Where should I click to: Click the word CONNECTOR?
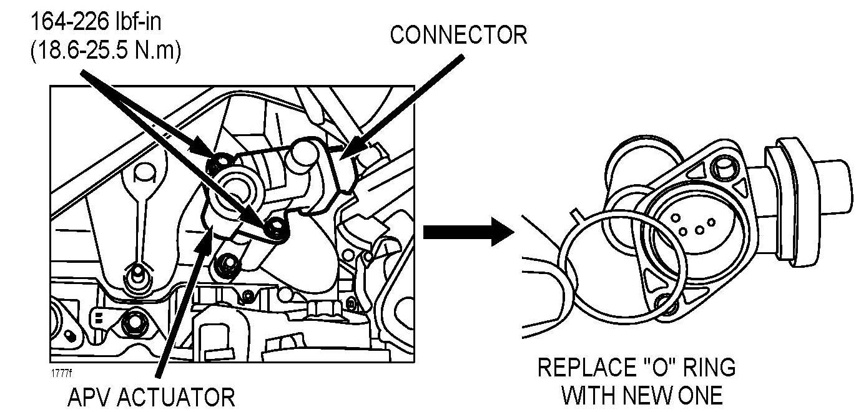coord(458,35)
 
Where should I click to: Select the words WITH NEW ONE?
coord(642,395)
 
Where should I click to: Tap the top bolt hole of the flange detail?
coord(726,168)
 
